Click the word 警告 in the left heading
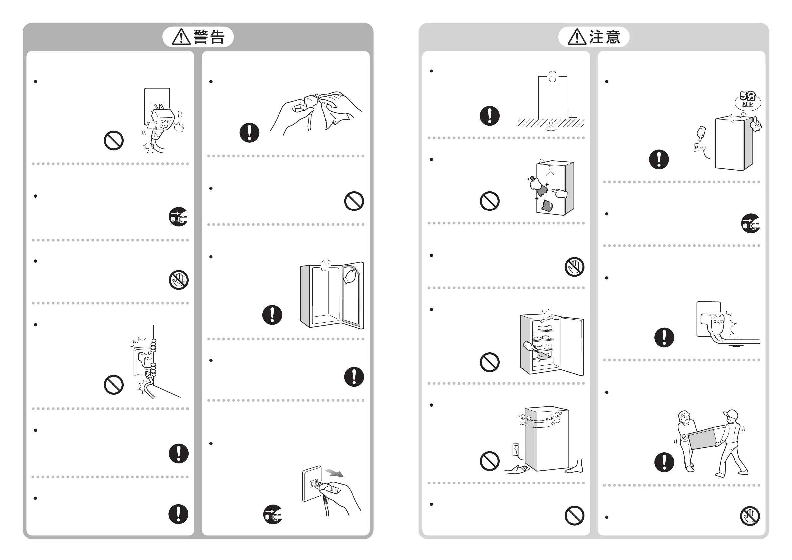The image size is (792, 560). tap(209, 37)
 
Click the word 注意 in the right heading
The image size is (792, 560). tap(605, 37)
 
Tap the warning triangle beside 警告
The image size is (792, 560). tap(181, 37)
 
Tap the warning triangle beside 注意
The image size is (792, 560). tap(577, 37)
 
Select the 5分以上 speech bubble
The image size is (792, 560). tap(747, 100)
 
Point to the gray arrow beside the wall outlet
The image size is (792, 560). tap(334, 473)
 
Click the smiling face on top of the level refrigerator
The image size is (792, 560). tap(552, 76)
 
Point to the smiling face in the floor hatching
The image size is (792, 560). tap(551, 124)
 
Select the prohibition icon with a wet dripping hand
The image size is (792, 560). tap(178, 280)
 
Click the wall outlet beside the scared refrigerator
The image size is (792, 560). tap(516, 449)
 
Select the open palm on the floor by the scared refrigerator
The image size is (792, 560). tap(516, 469)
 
